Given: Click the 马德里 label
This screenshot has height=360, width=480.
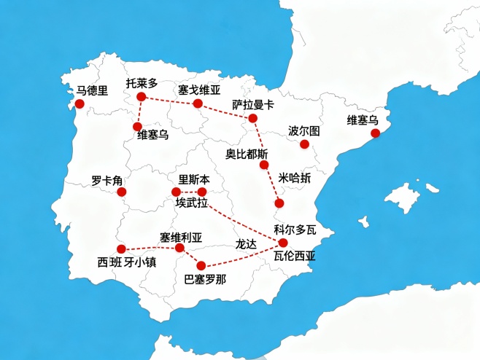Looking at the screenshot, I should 92,91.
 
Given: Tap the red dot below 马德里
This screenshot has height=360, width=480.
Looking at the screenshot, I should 80,104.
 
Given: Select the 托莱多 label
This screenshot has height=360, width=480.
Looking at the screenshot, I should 141,83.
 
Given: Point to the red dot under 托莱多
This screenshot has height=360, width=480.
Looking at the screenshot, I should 142,96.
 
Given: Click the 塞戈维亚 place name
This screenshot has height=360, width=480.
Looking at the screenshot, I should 198,90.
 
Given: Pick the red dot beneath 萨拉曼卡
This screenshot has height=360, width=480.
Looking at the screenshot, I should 252,118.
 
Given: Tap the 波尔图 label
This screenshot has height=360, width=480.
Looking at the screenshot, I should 303,131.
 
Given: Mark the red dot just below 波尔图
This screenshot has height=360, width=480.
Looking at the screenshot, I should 305,144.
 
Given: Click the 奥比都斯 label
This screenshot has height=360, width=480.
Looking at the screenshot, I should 247,154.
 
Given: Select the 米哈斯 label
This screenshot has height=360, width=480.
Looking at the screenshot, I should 295,179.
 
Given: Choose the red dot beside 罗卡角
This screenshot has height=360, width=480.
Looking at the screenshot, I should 122,192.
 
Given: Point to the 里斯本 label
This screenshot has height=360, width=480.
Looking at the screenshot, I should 193,179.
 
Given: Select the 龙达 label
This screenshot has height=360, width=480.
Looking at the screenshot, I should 246,245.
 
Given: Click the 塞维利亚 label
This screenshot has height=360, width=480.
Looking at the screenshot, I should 181,238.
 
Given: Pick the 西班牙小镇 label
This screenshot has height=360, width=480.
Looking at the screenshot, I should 127,262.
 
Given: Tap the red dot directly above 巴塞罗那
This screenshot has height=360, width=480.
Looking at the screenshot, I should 201,266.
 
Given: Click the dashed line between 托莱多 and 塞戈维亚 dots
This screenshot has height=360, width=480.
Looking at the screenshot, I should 169,100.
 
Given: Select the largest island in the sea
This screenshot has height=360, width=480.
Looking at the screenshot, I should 403,197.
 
